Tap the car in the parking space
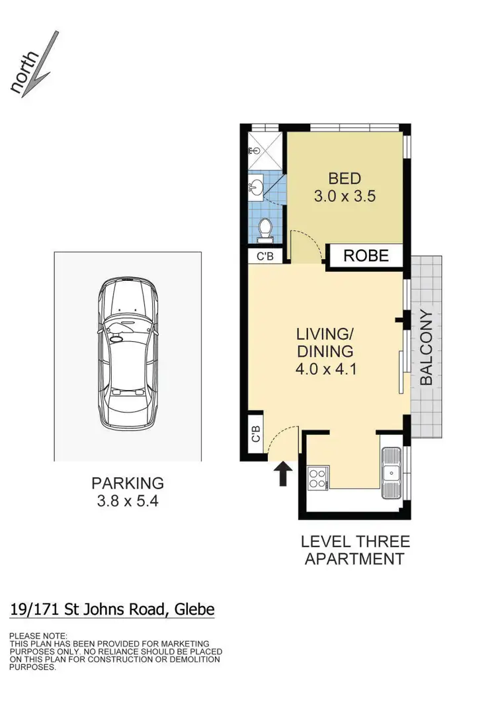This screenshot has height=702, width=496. tap(128, 354)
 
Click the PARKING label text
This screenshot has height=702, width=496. tap(128, 483)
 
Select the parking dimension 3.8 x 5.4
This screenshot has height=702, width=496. tap(128, 501)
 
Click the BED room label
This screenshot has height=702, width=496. tap(345, 178)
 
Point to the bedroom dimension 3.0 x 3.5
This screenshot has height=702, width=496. tap(345, 196)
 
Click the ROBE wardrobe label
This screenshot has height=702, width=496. tap(366, 256)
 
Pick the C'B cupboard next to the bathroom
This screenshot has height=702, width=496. tap(265, 256)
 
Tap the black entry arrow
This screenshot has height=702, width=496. tap(283, 473)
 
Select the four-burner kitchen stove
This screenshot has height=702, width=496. tap(317, 477)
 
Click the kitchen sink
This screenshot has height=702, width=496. tap(392, 471)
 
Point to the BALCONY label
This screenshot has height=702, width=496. tap(427, 348)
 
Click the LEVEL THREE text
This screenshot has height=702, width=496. tap(355, 542)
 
